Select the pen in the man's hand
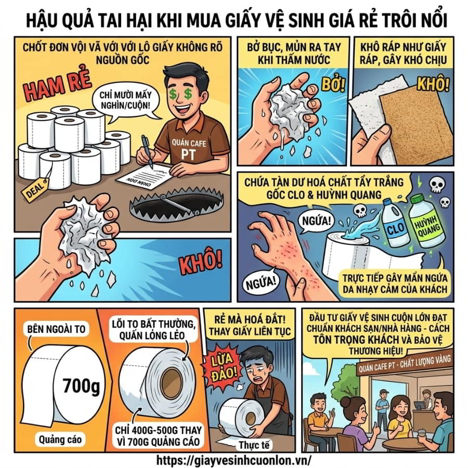(147, 151)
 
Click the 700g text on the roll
(81, 386)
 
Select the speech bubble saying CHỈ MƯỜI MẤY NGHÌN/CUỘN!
(125, 101)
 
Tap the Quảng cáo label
(60, 439)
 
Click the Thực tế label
(254, 445)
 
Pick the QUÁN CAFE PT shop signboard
(405, 366)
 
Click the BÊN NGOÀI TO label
(56, 329)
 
